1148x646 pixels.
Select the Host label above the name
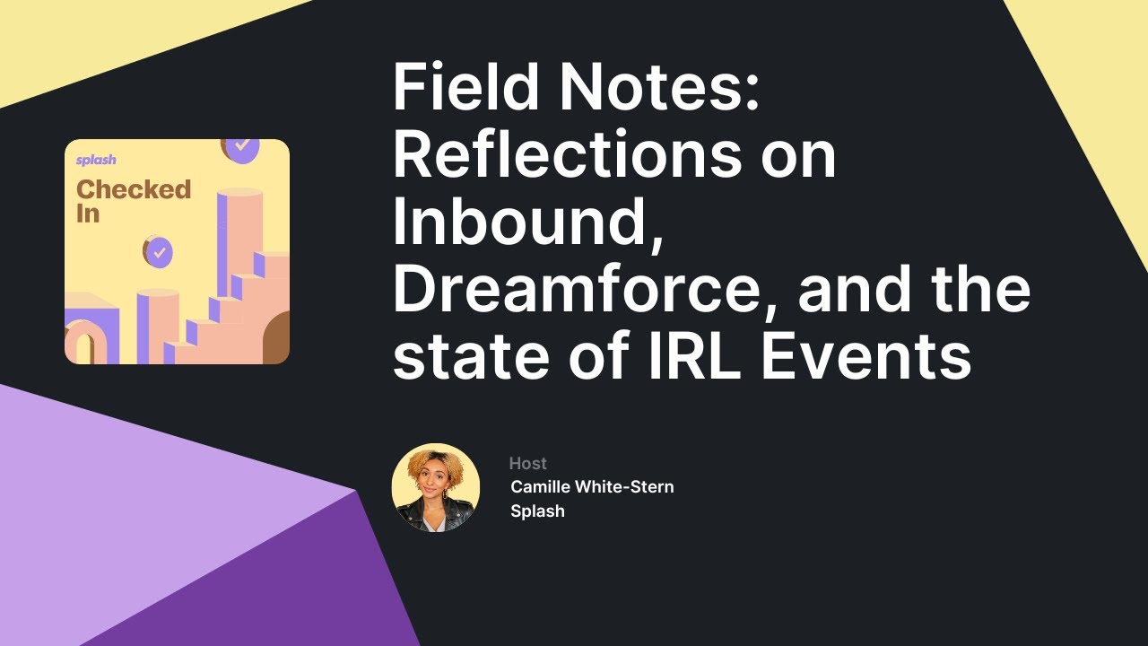pos(527,463)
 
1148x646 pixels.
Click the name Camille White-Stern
pos(592,486)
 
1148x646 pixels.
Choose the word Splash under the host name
pos(537,511)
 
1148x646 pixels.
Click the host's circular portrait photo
pos(436,487)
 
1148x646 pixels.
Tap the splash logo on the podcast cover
pos(95,161)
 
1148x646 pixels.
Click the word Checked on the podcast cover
pos(134,189)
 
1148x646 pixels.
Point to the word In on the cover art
pos(87,214)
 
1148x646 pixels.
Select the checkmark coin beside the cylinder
pos(158,252)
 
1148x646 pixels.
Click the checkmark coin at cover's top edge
pos(240,147)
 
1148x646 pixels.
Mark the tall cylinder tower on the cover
pos(240,233)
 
